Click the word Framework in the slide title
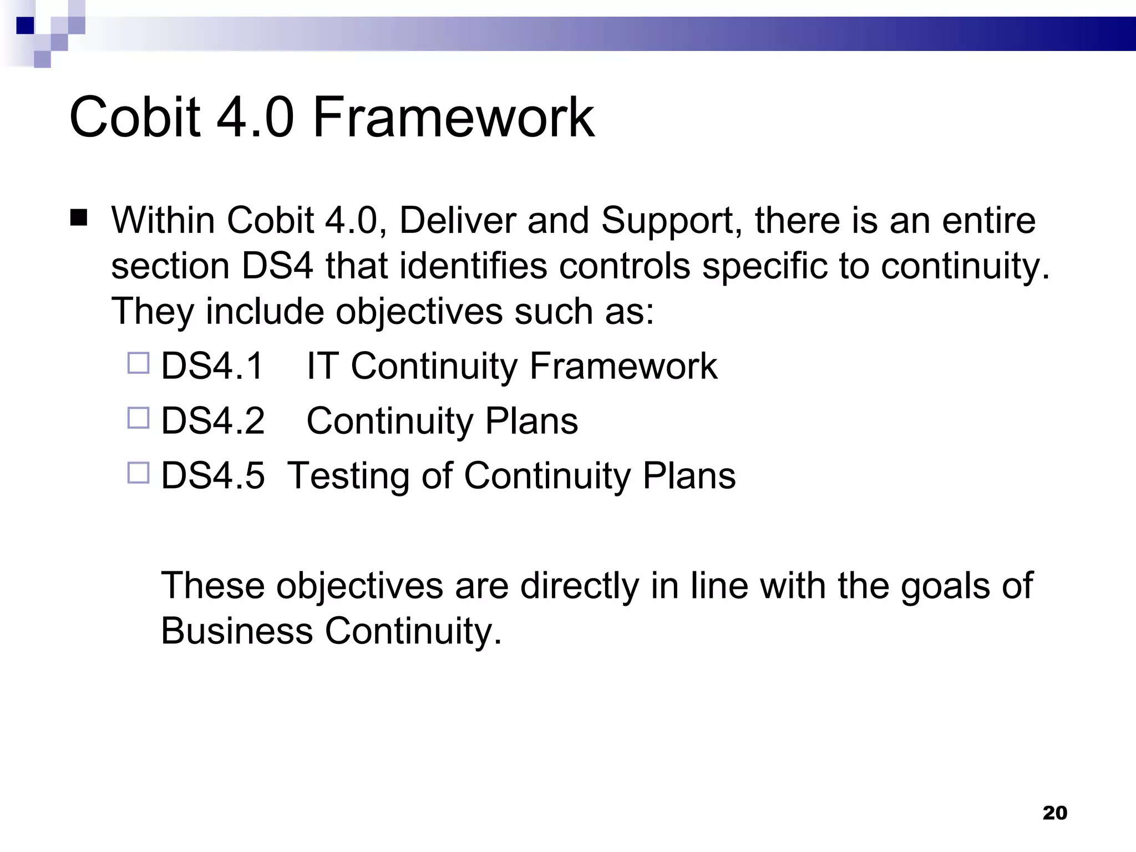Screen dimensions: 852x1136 click(453, 117)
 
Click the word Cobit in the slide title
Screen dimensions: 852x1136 click(134, 117)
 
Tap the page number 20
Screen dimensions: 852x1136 click(1054, 813)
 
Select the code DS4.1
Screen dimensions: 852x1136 click(212, 366)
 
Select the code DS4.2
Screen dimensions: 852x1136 click(212, 421)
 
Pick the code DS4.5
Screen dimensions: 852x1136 click(212, 476)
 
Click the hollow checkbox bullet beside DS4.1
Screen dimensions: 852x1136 click(139, 363)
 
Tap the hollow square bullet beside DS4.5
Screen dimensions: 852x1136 click(139, 473)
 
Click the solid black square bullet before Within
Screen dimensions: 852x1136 click(79, 218)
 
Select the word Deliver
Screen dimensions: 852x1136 click(458, 221)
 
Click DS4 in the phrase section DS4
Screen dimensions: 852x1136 click(277, 266)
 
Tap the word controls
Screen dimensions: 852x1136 click(625, 266)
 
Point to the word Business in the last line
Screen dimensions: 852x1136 click(237, 631)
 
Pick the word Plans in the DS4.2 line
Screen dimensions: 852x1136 click(531, 421)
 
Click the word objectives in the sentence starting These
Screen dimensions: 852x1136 click(359, 586)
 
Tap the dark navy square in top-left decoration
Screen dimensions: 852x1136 click(26, 26)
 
